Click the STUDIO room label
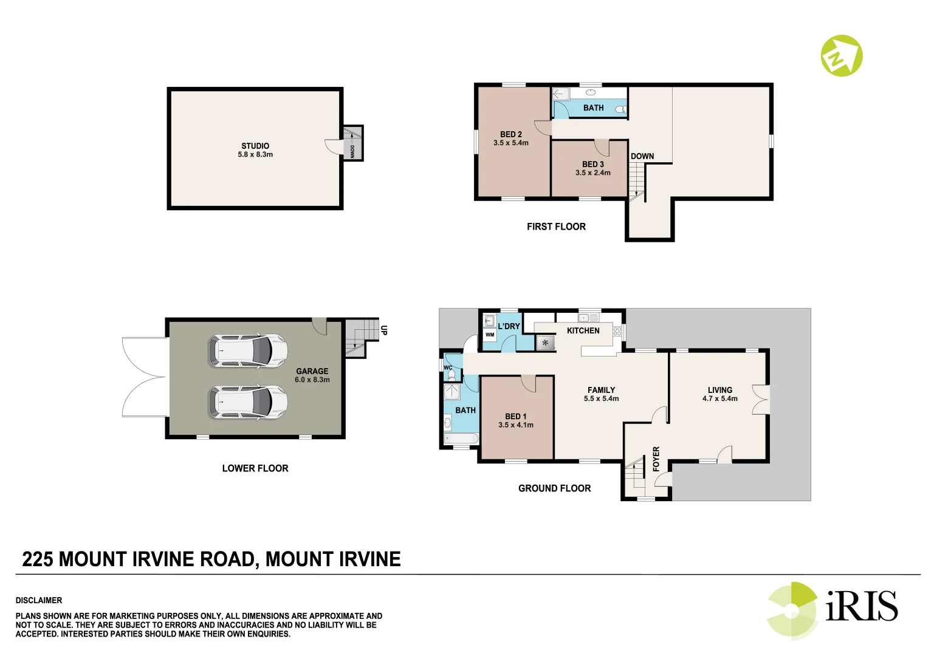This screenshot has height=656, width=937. click(255, 146)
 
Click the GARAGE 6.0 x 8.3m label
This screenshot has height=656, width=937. click(312, 375)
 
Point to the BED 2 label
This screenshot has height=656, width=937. click(510, 134)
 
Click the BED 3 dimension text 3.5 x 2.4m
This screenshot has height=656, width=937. click(592, 173)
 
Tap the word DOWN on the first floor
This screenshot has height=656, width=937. click(642, 156)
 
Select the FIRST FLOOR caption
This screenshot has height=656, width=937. click(555, 227)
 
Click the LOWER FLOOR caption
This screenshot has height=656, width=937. click(255, 468)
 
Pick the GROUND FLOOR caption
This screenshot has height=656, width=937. click(554, 488)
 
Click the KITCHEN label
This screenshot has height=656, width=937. click(583, 330)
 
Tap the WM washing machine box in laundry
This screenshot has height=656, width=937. click(490, 335)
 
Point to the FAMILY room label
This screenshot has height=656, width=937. click(601, 390)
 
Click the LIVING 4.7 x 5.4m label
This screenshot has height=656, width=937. click(719, 394)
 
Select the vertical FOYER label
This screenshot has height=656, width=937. click(656, 459)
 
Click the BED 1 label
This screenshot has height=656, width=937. click(515, 417)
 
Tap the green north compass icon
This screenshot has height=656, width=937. click(841, 56)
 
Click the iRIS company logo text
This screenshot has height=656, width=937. click(861, 606)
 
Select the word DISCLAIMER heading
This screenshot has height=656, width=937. click(39, 600)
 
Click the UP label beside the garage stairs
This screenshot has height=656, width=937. click(383, 330)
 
